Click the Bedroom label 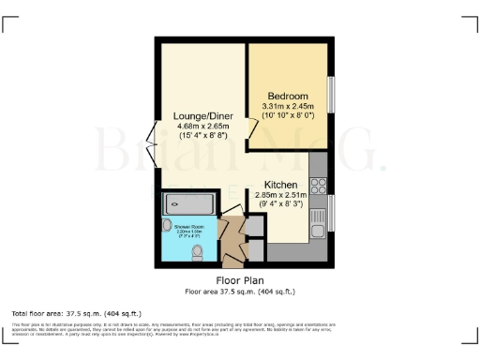click(x=288, y=97)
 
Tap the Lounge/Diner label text click(x=202, y=115)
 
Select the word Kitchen click(x=281, y=185)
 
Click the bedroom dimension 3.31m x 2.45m click(x=288, y=107)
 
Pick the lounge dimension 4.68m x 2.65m click(x=202, y=127)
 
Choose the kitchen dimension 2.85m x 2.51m click(x=281, y=195)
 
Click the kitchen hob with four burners click(x=318, y=172)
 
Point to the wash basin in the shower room click(x=167, y=227)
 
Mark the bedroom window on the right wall click(x=330, y=93)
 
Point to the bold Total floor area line click(x=59, y=312)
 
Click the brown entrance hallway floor click(x=232, y=244)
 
